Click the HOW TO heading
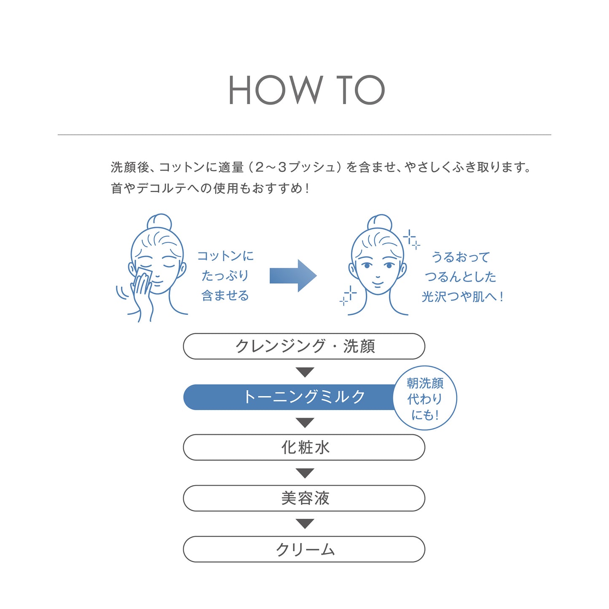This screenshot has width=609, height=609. coord(306,90)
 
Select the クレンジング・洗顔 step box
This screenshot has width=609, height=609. coord(304,346)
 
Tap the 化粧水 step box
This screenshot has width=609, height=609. coord(304,448)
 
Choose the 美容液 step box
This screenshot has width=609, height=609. coord(304,499)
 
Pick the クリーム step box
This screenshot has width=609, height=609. coord(304,549)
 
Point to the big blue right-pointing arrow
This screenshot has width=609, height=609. coord(293,276)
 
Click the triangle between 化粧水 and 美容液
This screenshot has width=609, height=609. coord(305,473)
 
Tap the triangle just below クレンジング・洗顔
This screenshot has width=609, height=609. coord(305,372)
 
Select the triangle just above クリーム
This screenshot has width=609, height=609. coord(305,524)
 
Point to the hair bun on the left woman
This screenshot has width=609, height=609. coord(159,222)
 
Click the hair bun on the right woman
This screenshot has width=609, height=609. coord(380,223)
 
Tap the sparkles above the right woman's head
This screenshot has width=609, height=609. coord(411,239)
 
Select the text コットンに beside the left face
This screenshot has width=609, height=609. coord(225,256)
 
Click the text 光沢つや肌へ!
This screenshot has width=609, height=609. coord(462,296)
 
